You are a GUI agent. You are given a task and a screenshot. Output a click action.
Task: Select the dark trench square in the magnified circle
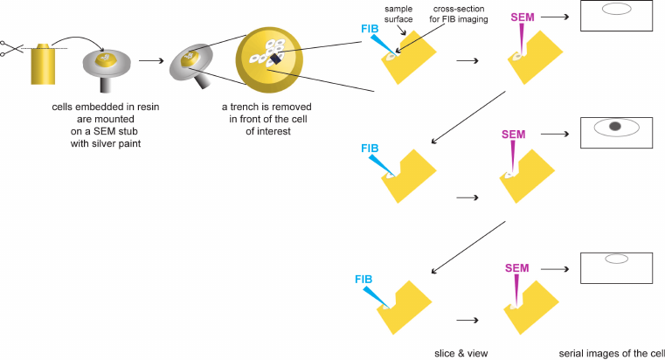point(276,59)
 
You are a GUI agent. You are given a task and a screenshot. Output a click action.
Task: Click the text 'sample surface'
point(398,13)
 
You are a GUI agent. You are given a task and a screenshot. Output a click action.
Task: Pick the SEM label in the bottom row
point(517,268)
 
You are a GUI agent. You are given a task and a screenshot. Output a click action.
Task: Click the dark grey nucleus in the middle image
point(615,128)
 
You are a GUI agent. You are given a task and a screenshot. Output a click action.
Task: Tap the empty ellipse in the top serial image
point(616,9)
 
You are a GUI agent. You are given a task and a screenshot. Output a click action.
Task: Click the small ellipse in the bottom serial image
point(616,259)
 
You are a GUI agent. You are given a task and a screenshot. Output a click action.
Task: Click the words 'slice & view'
point(460,352)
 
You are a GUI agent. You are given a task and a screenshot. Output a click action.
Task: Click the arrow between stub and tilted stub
point(149,61)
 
